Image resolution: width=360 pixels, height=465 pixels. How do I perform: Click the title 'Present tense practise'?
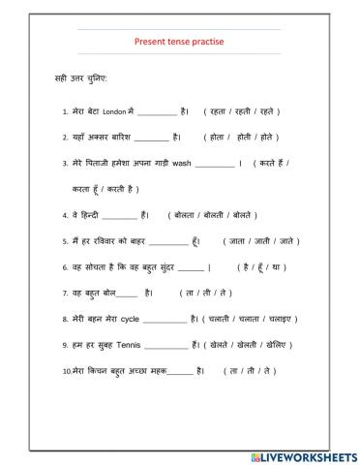coord(180,42)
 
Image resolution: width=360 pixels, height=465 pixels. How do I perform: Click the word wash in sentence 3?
coord(180,164)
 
